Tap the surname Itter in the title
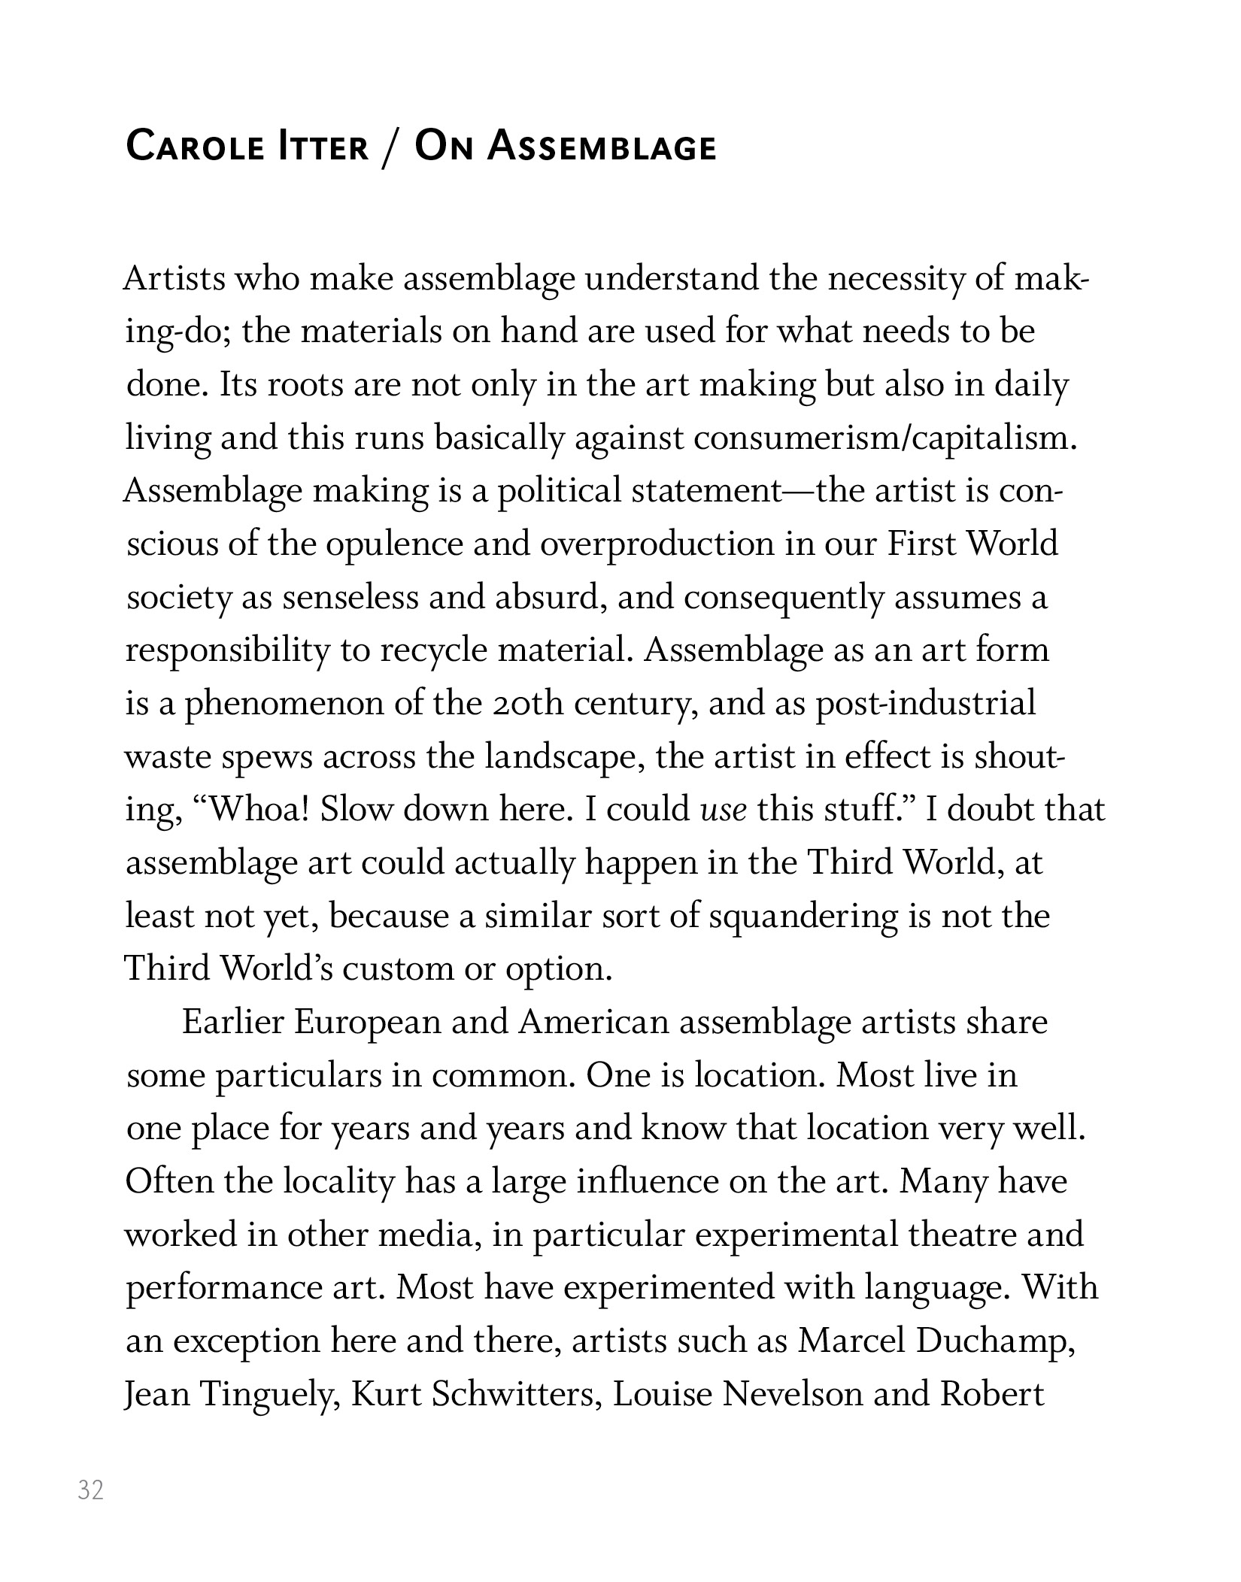pos(324,146)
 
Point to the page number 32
pos(90,1490)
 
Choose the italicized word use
pos(724,810)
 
